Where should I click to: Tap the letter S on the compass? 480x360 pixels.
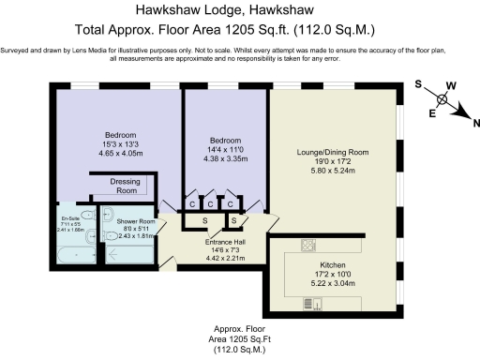418,83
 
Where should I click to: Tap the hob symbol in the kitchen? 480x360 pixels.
307,246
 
